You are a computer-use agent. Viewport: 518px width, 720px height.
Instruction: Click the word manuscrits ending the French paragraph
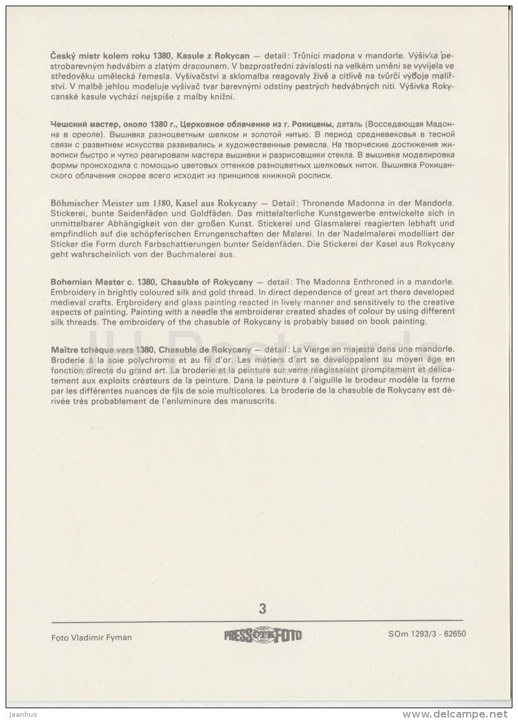252,401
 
